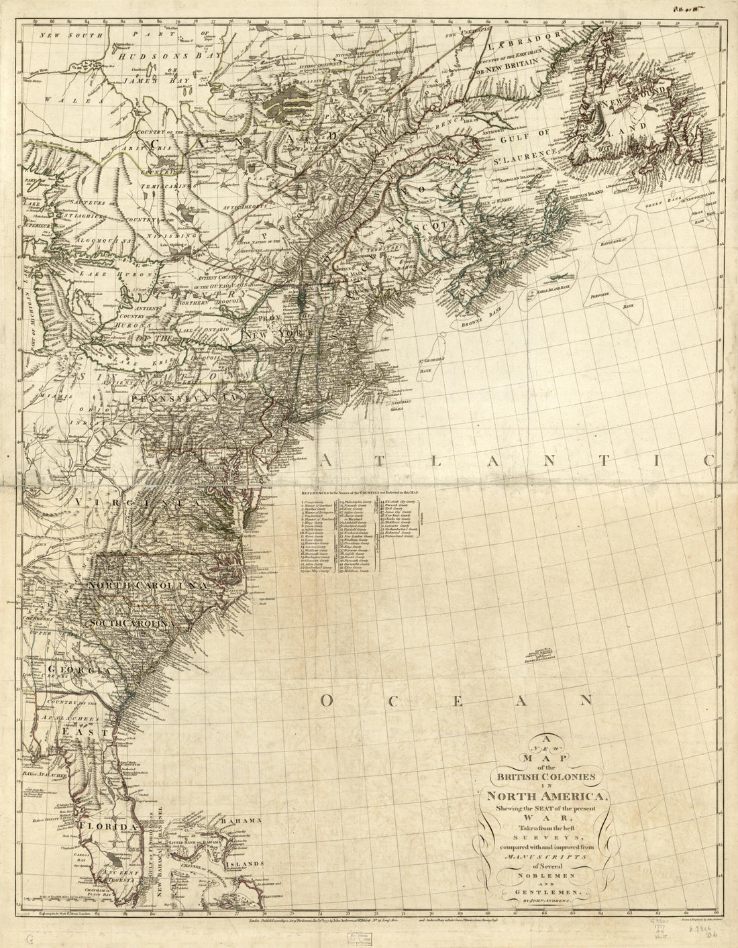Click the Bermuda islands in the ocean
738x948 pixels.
(x=541, y=655)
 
